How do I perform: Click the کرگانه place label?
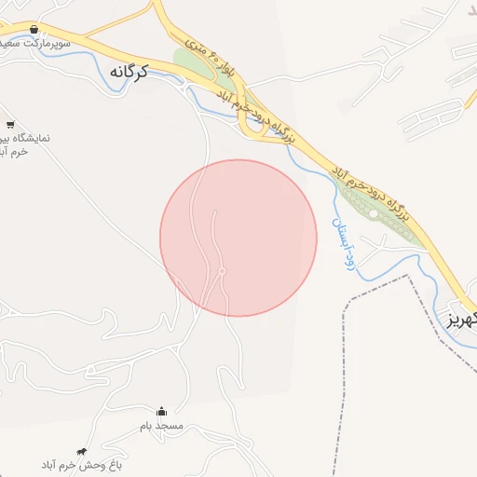tap(129, 71)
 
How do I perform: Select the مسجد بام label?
tap(162, 426)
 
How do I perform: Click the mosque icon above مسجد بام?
tap(161, 411)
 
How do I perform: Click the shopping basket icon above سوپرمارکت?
tap(34, 30)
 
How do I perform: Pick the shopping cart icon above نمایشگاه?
tap(10, 124)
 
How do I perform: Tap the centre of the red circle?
tap(238, 238)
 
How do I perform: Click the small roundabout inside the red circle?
tap(222, 271)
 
